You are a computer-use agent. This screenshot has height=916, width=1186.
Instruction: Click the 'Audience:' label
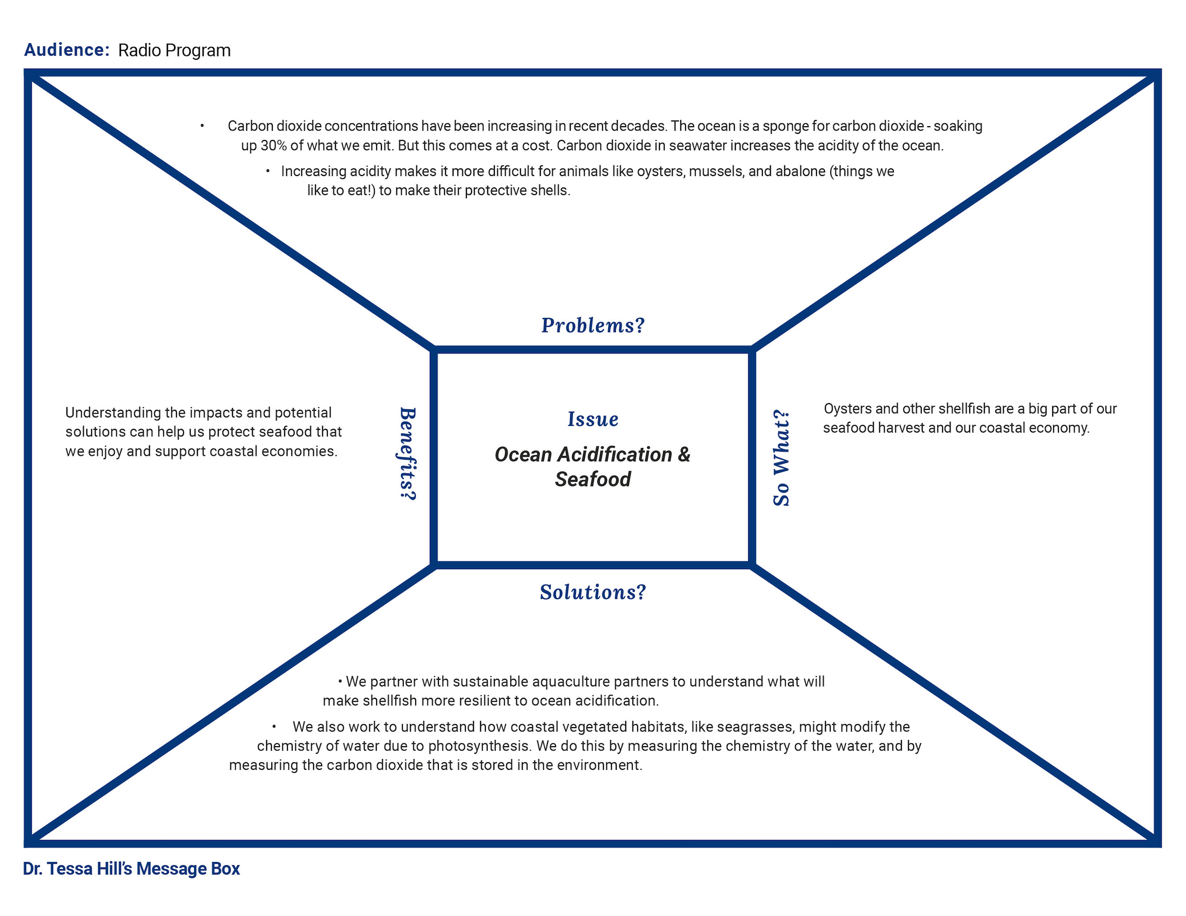67,50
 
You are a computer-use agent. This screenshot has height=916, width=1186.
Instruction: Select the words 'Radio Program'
174,50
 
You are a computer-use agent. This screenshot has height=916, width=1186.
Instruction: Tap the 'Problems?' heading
593,325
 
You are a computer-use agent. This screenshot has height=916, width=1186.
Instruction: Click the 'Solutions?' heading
593,592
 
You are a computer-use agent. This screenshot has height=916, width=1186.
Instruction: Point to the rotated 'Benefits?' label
408,454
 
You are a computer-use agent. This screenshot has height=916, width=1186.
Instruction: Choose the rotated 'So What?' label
781,458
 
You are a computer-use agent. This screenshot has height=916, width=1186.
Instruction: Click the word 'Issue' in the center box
593,419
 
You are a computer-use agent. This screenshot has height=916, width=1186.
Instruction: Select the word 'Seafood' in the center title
593,480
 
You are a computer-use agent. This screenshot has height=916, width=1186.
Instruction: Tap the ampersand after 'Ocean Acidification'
684,454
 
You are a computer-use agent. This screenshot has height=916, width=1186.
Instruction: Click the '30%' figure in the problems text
274,146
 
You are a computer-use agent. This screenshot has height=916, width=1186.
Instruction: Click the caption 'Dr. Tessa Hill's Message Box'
131,869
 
